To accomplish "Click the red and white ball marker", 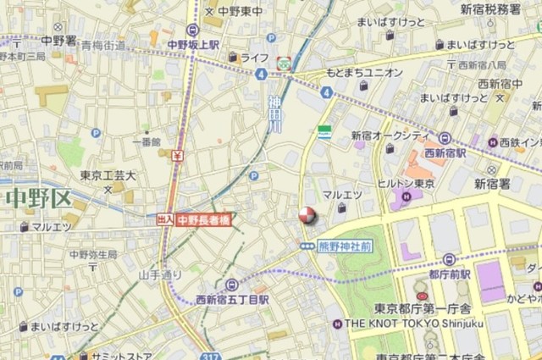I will click(306, 216).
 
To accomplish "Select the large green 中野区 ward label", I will click(37, 200).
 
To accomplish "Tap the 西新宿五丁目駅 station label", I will click(233, 299).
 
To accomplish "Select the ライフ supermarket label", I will click(254, 58).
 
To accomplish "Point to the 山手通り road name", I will click(160, 274).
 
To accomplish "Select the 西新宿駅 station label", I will click(446, 153).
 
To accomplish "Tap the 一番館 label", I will click(147, 141).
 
